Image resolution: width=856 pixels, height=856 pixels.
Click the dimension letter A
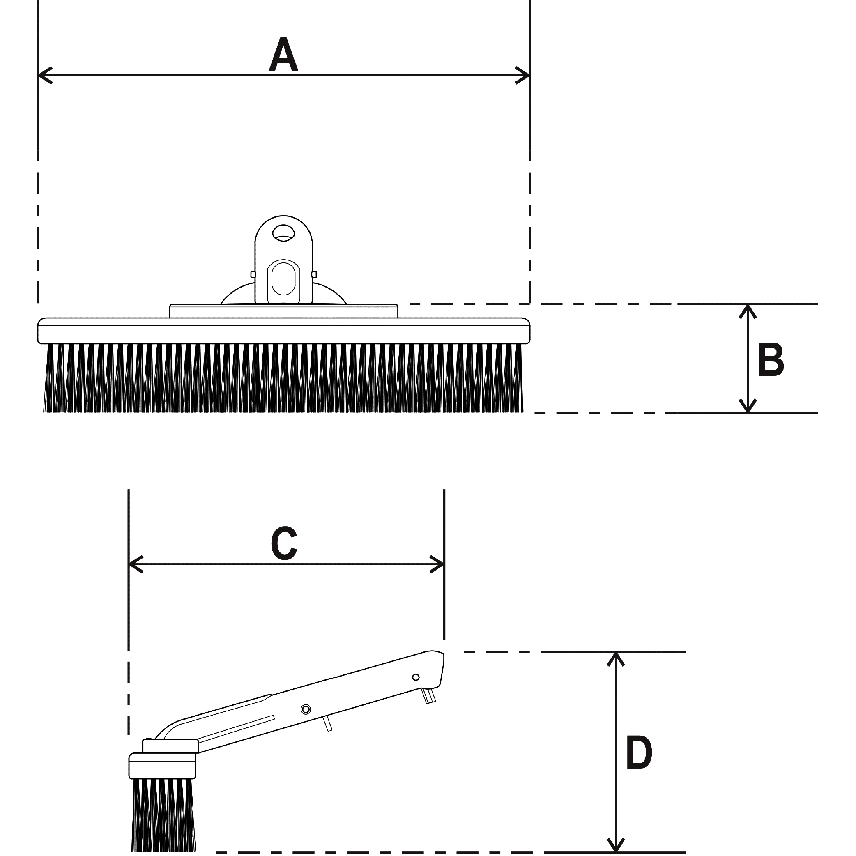[x=283, y=55]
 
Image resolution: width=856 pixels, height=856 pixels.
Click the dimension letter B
[x=771, y=359]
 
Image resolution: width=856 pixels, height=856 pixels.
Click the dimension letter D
[x=639, y=753]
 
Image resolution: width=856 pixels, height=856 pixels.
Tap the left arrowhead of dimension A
[x=44, y=75]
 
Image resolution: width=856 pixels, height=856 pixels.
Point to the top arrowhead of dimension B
[x=748, y=311]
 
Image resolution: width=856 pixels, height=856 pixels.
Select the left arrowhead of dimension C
[x=135, y=564]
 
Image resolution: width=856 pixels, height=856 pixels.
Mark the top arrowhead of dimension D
[x=616, y=658]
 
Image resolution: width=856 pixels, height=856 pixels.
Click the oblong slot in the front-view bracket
[x=283, y=278]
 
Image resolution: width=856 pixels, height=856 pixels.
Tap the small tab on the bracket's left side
[x=253, y=274]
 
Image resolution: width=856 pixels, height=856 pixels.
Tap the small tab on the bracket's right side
[x=314, y=274]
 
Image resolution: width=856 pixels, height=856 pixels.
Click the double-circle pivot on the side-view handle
[x=305, y=709]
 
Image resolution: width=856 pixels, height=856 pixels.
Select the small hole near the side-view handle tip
[x=416, y=677]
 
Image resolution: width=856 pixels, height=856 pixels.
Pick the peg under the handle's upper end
[x=429, y=696]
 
